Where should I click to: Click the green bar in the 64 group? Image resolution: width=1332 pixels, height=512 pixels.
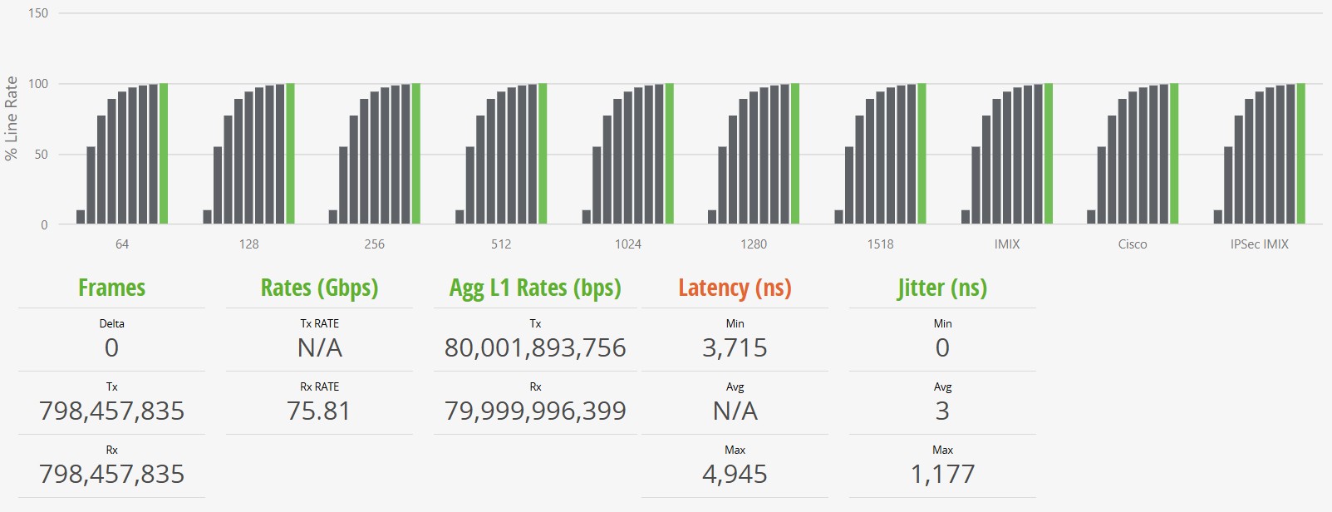164,154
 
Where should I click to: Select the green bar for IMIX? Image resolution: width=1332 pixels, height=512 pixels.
1049,154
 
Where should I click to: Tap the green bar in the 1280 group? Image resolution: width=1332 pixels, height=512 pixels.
795,154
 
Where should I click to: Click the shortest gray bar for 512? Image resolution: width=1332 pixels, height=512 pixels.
460,217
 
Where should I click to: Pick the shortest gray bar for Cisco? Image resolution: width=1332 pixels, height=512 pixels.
1091,217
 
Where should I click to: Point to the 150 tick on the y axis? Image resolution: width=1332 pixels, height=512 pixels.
38,13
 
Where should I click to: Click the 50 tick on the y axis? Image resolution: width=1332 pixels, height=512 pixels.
41,155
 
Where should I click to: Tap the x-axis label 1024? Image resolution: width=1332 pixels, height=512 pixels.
628,244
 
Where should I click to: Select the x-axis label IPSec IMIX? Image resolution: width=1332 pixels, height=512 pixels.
1259,244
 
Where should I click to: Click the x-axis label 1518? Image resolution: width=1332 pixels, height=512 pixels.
881,244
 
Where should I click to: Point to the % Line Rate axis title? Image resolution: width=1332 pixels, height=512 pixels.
12,118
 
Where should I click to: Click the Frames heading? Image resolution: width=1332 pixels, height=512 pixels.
111,288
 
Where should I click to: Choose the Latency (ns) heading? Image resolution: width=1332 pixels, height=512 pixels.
735,288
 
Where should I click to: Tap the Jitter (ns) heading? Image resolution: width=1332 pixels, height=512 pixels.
942,288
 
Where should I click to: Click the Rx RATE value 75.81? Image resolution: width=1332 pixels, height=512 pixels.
319,411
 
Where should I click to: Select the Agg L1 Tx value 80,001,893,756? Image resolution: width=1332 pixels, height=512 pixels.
535,347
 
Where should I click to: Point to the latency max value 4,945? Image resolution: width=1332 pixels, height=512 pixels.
735,474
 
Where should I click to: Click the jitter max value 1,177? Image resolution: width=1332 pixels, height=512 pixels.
942,474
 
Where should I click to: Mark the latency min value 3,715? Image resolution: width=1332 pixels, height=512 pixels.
735,347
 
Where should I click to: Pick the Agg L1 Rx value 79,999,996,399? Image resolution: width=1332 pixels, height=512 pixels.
535,411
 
